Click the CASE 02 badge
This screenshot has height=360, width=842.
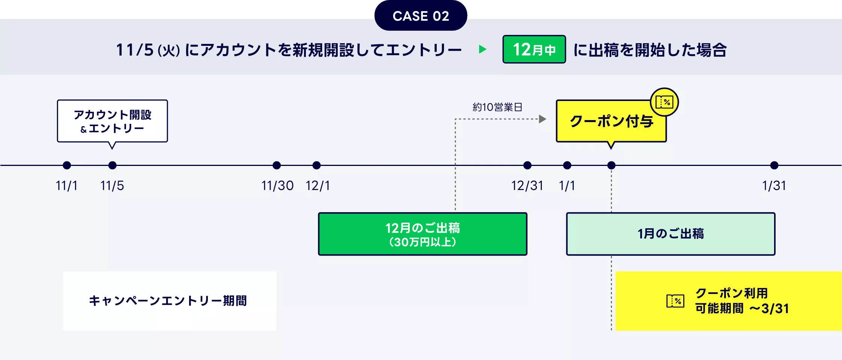(421, 16)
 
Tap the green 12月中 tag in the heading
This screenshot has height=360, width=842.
(534, 50)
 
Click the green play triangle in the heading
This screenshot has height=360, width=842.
(483, 49)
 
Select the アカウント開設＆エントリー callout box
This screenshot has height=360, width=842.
(112, 121)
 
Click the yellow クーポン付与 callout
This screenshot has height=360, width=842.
(611, 121)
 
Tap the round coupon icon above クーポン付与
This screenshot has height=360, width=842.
(664, 102)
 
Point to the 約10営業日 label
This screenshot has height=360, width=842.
(497, 107)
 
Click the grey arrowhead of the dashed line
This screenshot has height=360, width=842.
(543, 119)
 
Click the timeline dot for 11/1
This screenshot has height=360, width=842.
(67, 165)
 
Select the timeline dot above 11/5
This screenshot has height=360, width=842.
(112, 165)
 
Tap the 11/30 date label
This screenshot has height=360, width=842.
(277, 186)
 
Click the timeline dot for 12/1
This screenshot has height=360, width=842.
(316, 165)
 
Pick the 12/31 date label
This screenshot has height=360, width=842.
(527, 186)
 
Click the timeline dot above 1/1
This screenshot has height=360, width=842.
(567, 165)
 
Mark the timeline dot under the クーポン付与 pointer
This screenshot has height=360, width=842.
(611, 165)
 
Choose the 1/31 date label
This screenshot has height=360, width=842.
(774, 186)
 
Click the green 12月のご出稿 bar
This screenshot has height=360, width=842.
(423, 234)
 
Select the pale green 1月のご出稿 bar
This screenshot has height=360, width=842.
(671, 234)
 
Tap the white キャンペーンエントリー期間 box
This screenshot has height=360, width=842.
(170, 301)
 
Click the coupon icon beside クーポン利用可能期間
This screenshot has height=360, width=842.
(675, 301)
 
